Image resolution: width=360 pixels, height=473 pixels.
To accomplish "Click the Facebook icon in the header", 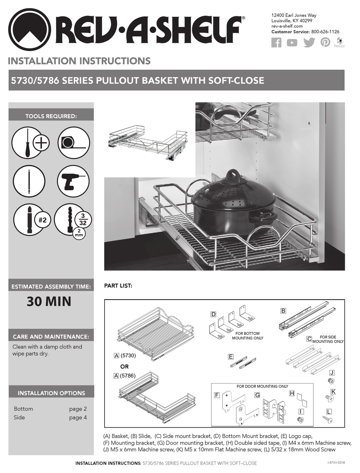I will tap(276, 43).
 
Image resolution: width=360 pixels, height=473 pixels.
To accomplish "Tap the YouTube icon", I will tap(292, 43).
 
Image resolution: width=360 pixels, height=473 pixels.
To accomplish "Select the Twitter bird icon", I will tap(309, 42).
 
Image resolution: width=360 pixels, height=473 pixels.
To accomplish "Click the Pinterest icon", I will tap(325, 42).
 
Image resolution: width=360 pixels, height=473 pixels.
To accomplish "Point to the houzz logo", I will tap(339, 43).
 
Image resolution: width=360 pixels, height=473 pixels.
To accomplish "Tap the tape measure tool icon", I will tap(73, 142).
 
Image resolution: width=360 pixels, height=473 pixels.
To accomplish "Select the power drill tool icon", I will tap(73, 181).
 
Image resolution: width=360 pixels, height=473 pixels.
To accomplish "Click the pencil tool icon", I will tap(29, 181).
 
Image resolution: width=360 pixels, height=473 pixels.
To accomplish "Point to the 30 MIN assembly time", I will tap(49, 302).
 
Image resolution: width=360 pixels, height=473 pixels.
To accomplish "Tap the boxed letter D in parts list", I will tap(213, 314).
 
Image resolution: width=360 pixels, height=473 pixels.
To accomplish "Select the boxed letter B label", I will tap(283, 311).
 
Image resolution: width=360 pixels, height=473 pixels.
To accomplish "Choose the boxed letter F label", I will tap(217, 395).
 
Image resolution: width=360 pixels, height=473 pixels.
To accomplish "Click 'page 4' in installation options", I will tap(78, 418).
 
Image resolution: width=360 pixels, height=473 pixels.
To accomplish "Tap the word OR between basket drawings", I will tap(124, 367).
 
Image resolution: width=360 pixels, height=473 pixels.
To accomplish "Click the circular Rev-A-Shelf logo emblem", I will tap(29, 30).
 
